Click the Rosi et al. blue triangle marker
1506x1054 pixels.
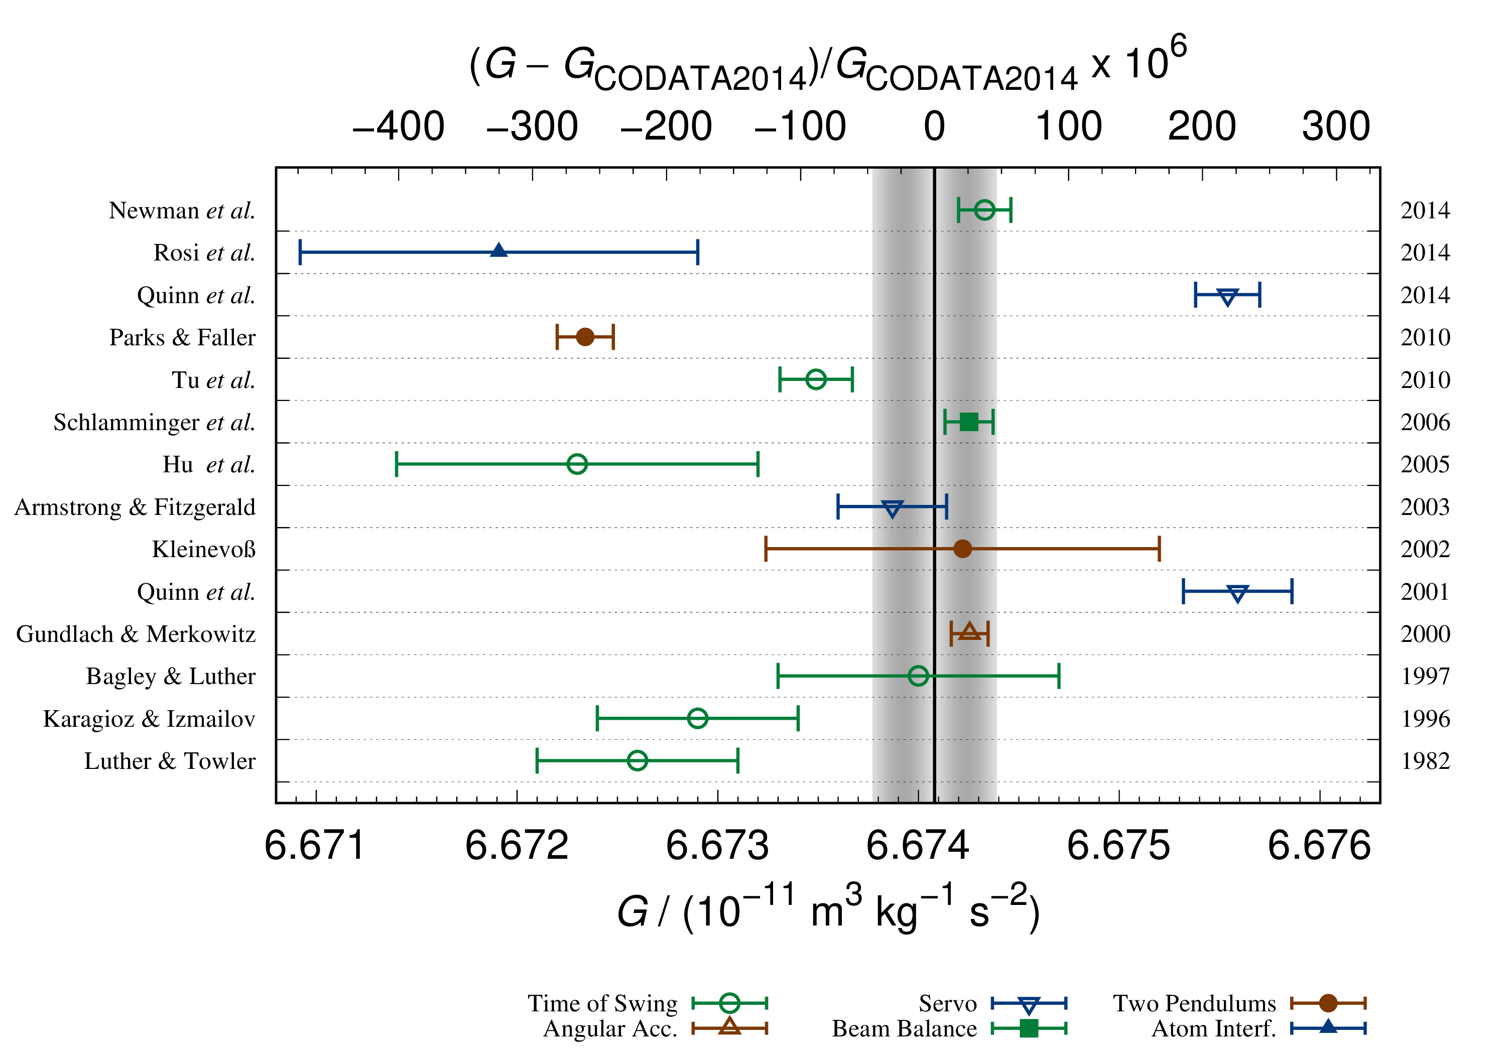498,250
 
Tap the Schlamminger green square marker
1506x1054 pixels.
969,422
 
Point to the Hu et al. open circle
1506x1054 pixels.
577,464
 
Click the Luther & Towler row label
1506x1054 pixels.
170,761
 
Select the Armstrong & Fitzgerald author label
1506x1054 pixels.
135,507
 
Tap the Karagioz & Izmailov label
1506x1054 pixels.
149,719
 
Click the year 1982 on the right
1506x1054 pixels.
1425,761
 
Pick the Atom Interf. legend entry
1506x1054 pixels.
1213,1028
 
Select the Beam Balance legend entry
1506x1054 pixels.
904,1028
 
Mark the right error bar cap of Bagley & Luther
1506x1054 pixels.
1059,676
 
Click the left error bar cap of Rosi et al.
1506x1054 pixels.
300,252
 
